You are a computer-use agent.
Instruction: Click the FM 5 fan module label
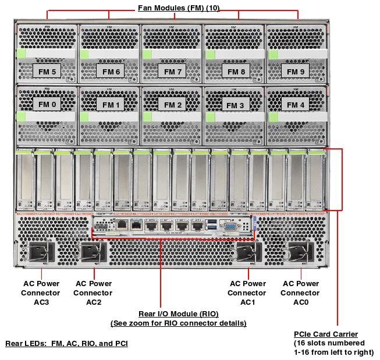(49, 72)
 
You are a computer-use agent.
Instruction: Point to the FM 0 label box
(49, 104)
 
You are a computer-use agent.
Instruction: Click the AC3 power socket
(41, 252)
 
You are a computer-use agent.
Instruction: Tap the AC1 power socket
(247, 252)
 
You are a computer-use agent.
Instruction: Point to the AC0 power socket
(300, 252)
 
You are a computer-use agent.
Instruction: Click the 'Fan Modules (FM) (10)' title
(178, 8)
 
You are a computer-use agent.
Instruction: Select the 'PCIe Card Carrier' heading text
(326, 334)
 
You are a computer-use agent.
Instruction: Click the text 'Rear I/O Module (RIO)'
(178, 314)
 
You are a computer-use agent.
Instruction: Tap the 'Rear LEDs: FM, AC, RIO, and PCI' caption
(66, 344)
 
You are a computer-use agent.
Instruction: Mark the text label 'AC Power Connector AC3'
(41, 293)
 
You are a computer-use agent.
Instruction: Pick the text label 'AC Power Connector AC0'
(300, 293)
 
